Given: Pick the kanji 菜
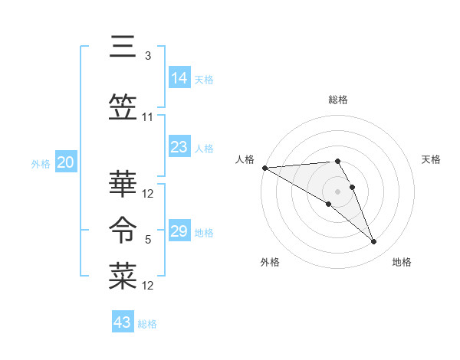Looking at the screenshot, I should pos(123,276).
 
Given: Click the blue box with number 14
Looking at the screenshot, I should pos(179,78).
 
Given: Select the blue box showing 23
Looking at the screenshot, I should pos(179,147).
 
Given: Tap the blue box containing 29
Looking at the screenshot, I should pos(179,232).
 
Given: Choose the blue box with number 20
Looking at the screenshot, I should pos(65,162).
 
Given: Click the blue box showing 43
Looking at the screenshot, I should pos(123,322).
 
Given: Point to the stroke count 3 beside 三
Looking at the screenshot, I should pos(147,56).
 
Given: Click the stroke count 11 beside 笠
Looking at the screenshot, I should pos(148,117).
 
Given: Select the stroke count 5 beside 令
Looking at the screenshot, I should pos(147,240).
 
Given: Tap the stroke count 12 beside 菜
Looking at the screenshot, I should pos(148,286).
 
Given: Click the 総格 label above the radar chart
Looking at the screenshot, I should pos(338,100).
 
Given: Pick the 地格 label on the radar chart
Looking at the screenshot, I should pos(402,262).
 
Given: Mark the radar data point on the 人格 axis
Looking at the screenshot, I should pos(264,168).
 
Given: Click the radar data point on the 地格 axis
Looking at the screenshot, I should pos(374,242).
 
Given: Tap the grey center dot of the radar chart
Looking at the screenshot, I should pos(338,191).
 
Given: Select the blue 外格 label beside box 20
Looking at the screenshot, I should pos(41,163).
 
